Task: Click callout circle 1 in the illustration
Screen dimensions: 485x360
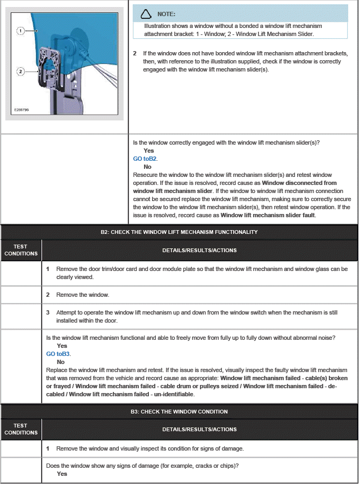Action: click(20, 31)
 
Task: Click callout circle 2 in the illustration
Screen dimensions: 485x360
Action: click(20, 71)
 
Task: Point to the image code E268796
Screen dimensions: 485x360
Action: click(21, 110)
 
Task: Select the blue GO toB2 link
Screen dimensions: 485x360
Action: click(145, 159)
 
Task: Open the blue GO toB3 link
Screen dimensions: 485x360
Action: click(58, 354)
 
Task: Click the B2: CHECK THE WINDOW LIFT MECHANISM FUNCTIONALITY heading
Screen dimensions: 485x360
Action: click(179, 232)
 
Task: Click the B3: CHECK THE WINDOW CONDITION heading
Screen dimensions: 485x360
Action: click(179, 411)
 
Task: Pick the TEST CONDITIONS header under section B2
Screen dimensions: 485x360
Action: click(21, 250)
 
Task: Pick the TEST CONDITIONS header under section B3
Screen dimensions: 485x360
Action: click(21, 429)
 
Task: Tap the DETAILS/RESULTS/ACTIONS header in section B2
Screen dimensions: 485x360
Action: click(199, 250)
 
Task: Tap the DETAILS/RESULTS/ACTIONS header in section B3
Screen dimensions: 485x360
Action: click(199, 429)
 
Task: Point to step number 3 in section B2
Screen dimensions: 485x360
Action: click(48, 312)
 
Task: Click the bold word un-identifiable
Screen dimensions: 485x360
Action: click(174, 394)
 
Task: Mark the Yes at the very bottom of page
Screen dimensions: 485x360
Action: click(62, 474)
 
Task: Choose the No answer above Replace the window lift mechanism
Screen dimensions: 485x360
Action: click(61, 362)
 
